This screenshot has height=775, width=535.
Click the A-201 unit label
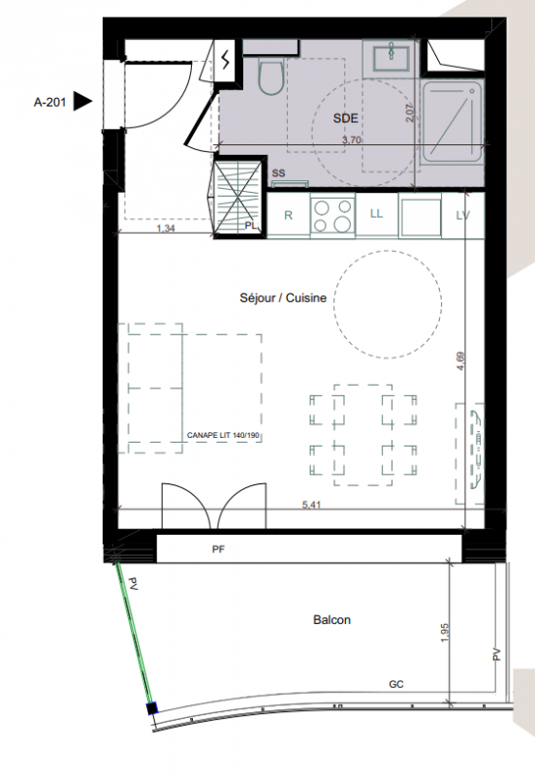(x=49, y=103)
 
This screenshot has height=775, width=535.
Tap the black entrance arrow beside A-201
(x=82, y=102)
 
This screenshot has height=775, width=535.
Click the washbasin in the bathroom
(x=391, y=59)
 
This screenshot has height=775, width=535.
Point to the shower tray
(x=453, y=122)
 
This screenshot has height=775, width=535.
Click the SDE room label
(x=345, y=118)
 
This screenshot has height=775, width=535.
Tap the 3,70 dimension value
(x=352, y=139)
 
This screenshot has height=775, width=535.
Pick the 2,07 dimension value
(x=410, y=112)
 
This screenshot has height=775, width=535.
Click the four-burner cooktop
(x=332, y=215)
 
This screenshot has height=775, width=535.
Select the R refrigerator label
(x=288, y=215)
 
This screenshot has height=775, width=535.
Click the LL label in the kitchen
(x=376, y=213)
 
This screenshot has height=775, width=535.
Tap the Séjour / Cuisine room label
(x=283, y=298)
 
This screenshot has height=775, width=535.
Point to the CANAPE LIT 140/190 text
(x=223, y=435)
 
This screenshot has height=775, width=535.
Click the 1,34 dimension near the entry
(x=166, y=229)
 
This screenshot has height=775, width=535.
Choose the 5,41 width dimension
(x=311, y=505)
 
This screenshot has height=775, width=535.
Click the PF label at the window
(x=218, y=549)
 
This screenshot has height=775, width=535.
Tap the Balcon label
(x=331, y=620)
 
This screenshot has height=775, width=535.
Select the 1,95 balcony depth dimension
(x=444, y=633)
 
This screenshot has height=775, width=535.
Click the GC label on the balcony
(x=396, y=684)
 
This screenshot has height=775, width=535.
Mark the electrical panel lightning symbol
(x=227, y=60)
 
